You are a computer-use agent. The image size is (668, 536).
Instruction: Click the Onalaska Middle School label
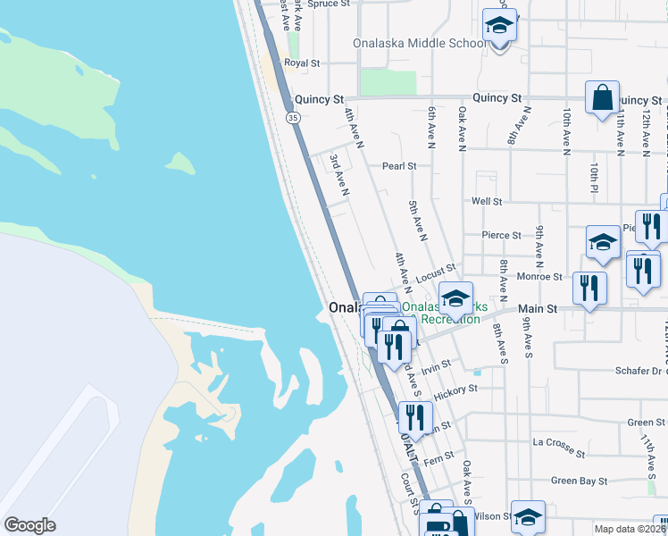[432, 43]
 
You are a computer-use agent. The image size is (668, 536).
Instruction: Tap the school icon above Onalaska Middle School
[499, 26]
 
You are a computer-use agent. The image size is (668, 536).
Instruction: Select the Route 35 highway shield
[292, 117]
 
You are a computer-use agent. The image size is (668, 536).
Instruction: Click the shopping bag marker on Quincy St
[603, 96]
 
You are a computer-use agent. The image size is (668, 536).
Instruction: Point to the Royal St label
[302, 63]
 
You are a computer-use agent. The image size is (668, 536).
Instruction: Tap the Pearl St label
[399, 166]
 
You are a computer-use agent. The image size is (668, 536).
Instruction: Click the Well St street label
[488, 202]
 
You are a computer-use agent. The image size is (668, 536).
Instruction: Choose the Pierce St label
[501, 236]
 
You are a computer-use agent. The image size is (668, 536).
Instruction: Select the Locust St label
[437, 267]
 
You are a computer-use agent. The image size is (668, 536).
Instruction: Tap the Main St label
[538, 309]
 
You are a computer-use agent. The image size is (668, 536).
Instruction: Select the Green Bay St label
[579, 481]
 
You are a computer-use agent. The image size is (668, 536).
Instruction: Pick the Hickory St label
[455, 389]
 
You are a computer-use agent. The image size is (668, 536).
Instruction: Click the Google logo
[29, 525]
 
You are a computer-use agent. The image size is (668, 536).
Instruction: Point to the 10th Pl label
[593, 177]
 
